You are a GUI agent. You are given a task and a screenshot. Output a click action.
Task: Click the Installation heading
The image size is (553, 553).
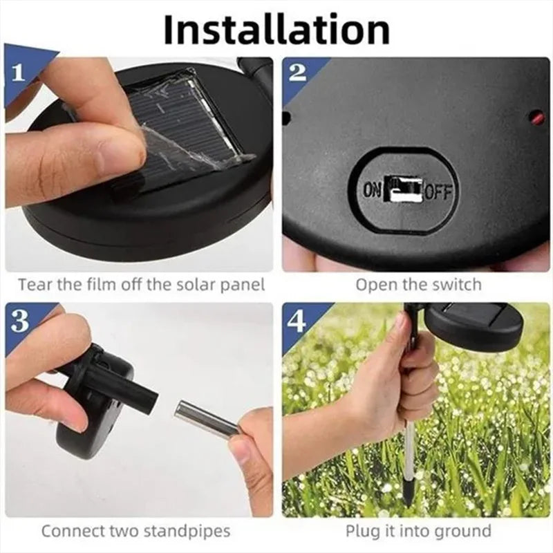point(276,29)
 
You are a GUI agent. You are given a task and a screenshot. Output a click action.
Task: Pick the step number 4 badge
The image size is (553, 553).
point(297,321)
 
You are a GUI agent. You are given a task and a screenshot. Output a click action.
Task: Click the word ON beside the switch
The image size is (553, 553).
point(372,190)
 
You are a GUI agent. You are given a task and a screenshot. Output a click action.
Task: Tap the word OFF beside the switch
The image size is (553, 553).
point(438,191)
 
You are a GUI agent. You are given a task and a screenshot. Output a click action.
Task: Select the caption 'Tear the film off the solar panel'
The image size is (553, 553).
point(141,284)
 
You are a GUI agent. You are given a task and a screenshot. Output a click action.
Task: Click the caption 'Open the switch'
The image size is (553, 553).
point(418,284)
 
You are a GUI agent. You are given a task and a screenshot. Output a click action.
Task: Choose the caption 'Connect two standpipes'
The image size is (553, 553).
point(135,532)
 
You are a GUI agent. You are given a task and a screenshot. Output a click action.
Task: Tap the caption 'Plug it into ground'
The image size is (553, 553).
point(418,532)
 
